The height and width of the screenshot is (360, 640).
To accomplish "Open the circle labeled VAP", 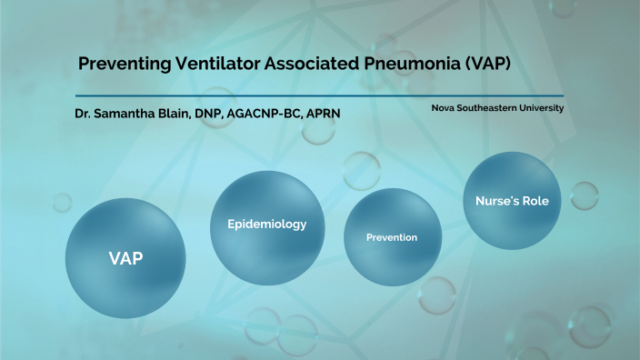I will pos(125,257).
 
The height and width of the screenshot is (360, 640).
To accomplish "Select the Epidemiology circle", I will pos(266,224).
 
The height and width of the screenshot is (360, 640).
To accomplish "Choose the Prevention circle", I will pos(392,237).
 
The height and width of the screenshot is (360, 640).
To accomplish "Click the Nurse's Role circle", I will pos(512,200).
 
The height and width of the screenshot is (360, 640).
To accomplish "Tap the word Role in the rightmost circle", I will pos(535,200).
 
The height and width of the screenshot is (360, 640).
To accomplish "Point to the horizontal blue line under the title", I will pos(318,95).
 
